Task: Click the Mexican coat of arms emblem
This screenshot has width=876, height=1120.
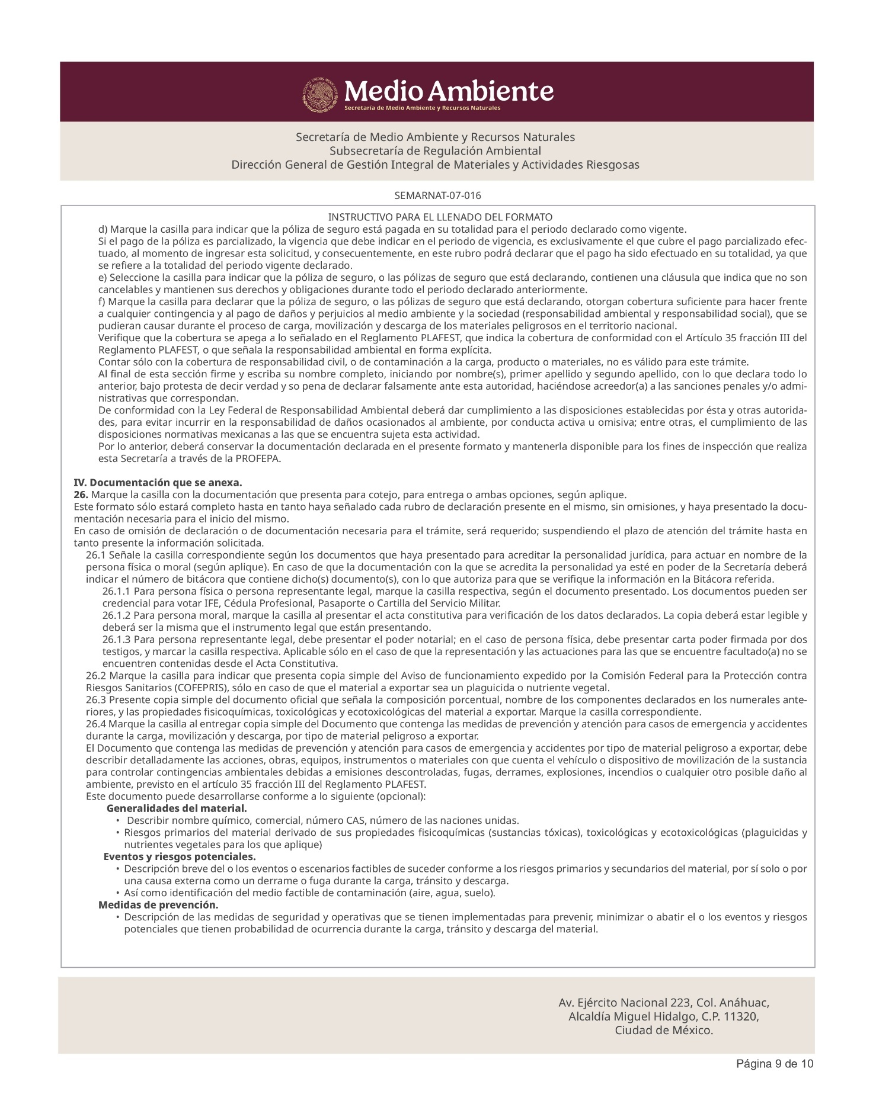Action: tap(321, 94)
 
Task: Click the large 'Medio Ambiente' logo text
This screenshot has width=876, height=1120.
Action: tap(449, 91)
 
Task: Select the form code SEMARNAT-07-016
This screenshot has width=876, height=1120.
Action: tap(437, 195)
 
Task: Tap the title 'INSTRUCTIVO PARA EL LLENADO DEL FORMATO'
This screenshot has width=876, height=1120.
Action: tap(440, 217)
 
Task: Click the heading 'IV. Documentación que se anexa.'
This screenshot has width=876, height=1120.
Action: tap(158, 483)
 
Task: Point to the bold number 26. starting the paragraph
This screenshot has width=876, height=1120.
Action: tap(81, 495)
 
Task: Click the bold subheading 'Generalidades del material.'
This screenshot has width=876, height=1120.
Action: tap(177, 808)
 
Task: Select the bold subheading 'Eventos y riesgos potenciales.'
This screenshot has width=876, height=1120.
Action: tap(180, 857)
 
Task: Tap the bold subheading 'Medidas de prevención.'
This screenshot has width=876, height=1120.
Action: tap(158, 905)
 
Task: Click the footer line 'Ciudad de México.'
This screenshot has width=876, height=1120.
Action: tap(663, 1030)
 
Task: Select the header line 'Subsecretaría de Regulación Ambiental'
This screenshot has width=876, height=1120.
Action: tap(435, 150)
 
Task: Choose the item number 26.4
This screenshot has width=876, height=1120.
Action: tap(96, 724)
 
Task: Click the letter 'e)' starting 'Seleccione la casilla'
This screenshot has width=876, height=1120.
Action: tap(103, 278)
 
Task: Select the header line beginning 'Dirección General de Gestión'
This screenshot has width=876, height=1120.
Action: tap(435, 165)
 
